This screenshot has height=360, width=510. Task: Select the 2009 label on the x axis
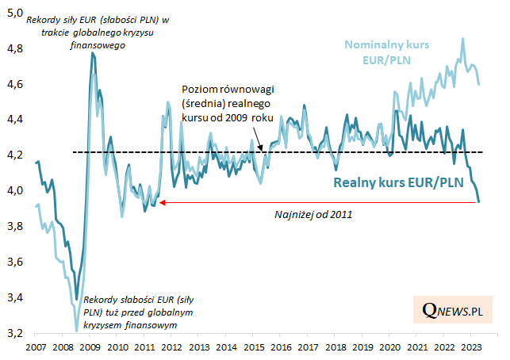90,347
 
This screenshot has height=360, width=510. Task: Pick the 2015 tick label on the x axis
254,347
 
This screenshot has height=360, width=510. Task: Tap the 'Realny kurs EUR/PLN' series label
396,184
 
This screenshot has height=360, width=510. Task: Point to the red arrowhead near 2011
162,203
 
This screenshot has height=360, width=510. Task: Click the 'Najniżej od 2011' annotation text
313,214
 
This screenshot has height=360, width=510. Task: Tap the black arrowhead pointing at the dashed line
261,148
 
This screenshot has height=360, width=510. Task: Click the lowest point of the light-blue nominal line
76,330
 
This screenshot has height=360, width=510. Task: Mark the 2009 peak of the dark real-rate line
93,53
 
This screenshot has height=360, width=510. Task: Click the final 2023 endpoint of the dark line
478,201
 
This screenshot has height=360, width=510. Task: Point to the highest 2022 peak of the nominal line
463,38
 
